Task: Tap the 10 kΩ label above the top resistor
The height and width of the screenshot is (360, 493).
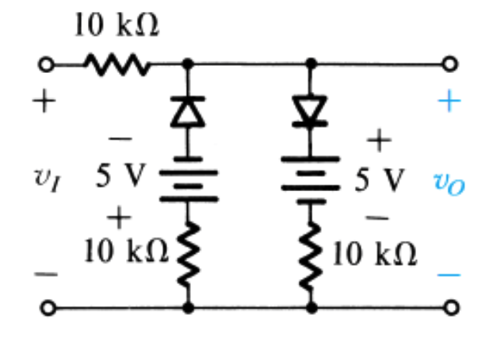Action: pyautogui.click(x=117, y=25)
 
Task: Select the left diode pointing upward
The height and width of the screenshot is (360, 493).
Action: pyautogui.click(x=188, y=112)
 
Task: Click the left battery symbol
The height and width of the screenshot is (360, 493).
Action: pyautogui.click(x=188, y=182)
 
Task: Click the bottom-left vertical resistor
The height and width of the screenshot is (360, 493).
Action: pyautogui.click(x=188, y=253)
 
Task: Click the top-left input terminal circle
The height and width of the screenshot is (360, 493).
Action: pyautogui.click(x=47, y=63)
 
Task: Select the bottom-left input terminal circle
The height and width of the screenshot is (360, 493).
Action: pyautogui.click(x=47, y=307)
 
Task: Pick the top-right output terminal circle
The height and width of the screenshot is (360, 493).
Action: pyautogui.click(x=451, y=63)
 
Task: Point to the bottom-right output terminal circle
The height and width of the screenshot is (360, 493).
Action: pyautogui.click(x=451, y=307)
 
